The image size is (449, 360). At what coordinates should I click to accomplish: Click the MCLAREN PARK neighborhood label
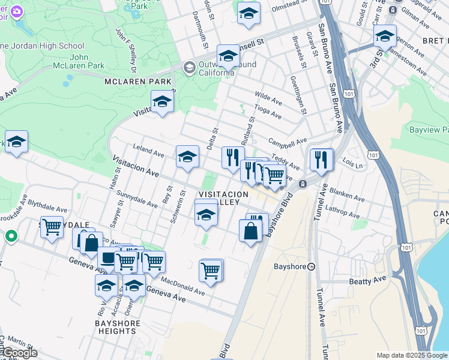click(x=137, y=82)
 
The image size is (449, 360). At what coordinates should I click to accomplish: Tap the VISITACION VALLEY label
click(x=223, y=199)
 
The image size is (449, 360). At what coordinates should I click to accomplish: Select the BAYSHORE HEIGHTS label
click(x=118, y=327)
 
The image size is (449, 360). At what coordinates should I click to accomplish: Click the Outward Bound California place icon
click(x=190, y=66)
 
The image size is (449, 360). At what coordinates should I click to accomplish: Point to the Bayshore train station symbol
click(x=311, y=266)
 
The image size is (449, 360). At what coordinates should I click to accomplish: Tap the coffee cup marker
click(x=108, y=258)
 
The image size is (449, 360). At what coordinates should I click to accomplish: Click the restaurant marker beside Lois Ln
click(x=322, y=159)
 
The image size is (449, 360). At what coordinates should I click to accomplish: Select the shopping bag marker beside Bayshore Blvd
click(x=250, y=230)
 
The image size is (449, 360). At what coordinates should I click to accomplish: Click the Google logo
click(x=19, y=353)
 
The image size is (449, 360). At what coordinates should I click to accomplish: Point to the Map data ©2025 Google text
click(x=411, y=355)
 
